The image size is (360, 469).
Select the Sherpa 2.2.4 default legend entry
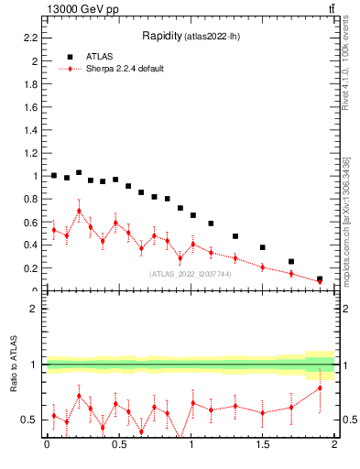(x=124, y=69)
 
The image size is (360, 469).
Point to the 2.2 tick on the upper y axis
(x=30, y=38)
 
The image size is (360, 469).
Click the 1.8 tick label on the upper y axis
(x=30, y=84)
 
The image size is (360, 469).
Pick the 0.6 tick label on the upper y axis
(x=30, y=222)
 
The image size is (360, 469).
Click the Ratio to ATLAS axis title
(x=14, y=364)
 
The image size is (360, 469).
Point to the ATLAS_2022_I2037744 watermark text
(x=191, y=273)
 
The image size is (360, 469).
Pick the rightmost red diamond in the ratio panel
(x=320, y=388)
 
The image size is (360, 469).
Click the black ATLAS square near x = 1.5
(x=263, y=247)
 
